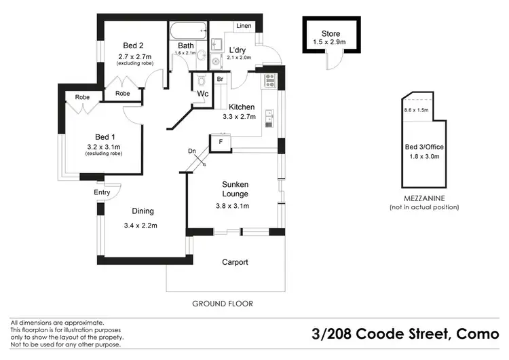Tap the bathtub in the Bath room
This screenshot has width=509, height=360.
[188, 31]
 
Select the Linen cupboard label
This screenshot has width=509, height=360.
[244, 26]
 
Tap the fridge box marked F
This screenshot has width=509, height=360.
[221, 143]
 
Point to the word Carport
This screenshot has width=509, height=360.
[235, 262]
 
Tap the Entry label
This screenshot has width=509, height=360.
[102, 193]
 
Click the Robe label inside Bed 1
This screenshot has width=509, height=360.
[83, 97]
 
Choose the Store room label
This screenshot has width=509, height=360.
[331, 34]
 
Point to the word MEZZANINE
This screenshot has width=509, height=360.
[423, 198]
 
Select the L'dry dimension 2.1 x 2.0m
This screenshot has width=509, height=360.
[239, 58]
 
